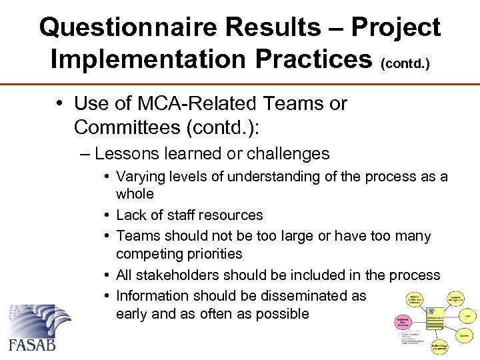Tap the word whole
pos(135,194)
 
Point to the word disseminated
pos(305,295)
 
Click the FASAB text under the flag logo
pos(33,345)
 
